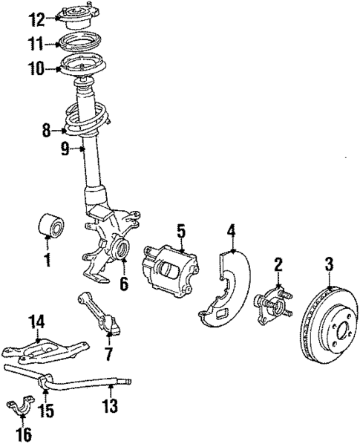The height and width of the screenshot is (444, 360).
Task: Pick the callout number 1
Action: (x=47, y=260)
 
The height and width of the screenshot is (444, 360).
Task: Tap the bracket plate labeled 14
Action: (x=41, y=348)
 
